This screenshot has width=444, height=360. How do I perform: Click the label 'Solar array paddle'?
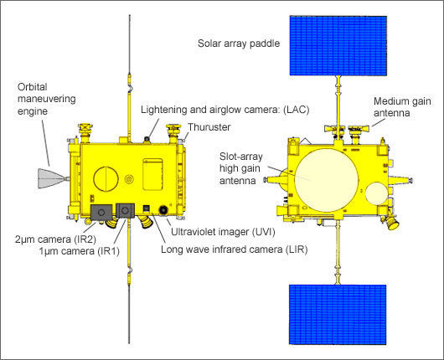tap(239, 44)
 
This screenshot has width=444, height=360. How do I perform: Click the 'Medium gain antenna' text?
tap(404, 107)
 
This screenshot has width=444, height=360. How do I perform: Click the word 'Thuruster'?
tap(209, 126)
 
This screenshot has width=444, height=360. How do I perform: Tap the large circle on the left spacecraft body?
tap(106, 180)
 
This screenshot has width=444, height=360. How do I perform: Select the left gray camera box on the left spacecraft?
tap(101, 213)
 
